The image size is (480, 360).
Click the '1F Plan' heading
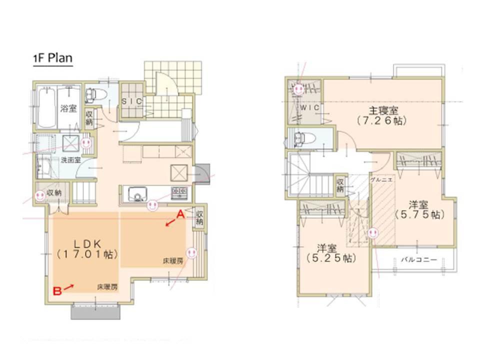(x=52, y=58)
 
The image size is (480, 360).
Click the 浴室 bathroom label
(x=68, y=108)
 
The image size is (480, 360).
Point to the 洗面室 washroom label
(x=71, y=160)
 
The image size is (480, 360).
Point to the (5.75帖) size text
(x=419, y=214)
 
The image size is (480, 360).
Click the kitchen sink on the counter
(x=135, y=192)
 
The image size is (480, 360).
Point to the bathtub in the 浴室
(x=45, y=107)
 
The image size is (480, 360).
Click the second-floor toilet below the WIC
(x=300, y=138)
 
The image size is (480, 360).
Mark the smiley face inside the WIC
(x=298, y=89)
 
